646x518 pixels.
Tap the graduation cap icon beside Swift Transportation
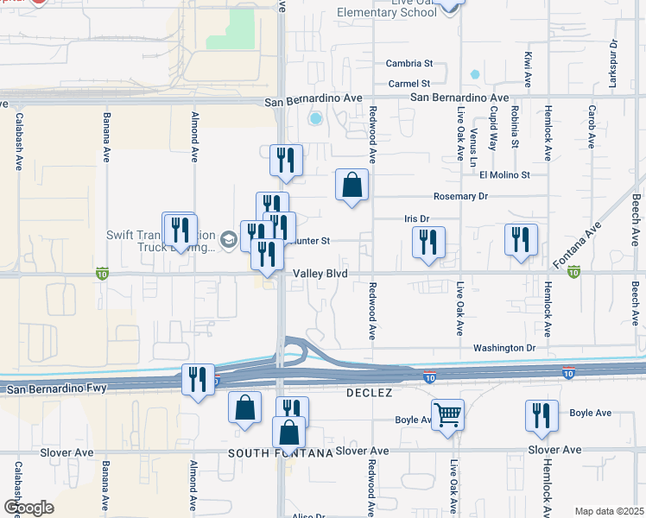click(x=229, y=240)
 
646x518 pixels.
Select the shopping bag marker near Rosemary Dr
click(x=351, y=185)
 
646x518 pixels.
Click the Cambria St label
click(x=409, y=63)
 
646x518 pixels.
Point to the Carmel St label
click(x=409, y=84)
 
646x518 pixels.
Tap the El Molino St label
click(x=504, y=175)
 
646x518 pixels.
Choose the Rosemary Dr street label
click(x=460, y=197)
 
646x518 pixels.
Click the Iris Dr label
click(x=417, y=219)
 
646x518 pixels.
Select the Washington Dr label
click(x=504, y=348)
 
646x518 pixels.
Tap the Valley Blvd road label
click(x=320, y=273)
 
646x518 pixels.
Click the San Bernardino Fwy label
click(x=56, y=389)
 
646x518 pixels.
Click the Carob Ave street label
click(x=592, y=127)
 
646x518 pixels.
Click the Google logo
click(x=28, y=508)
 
